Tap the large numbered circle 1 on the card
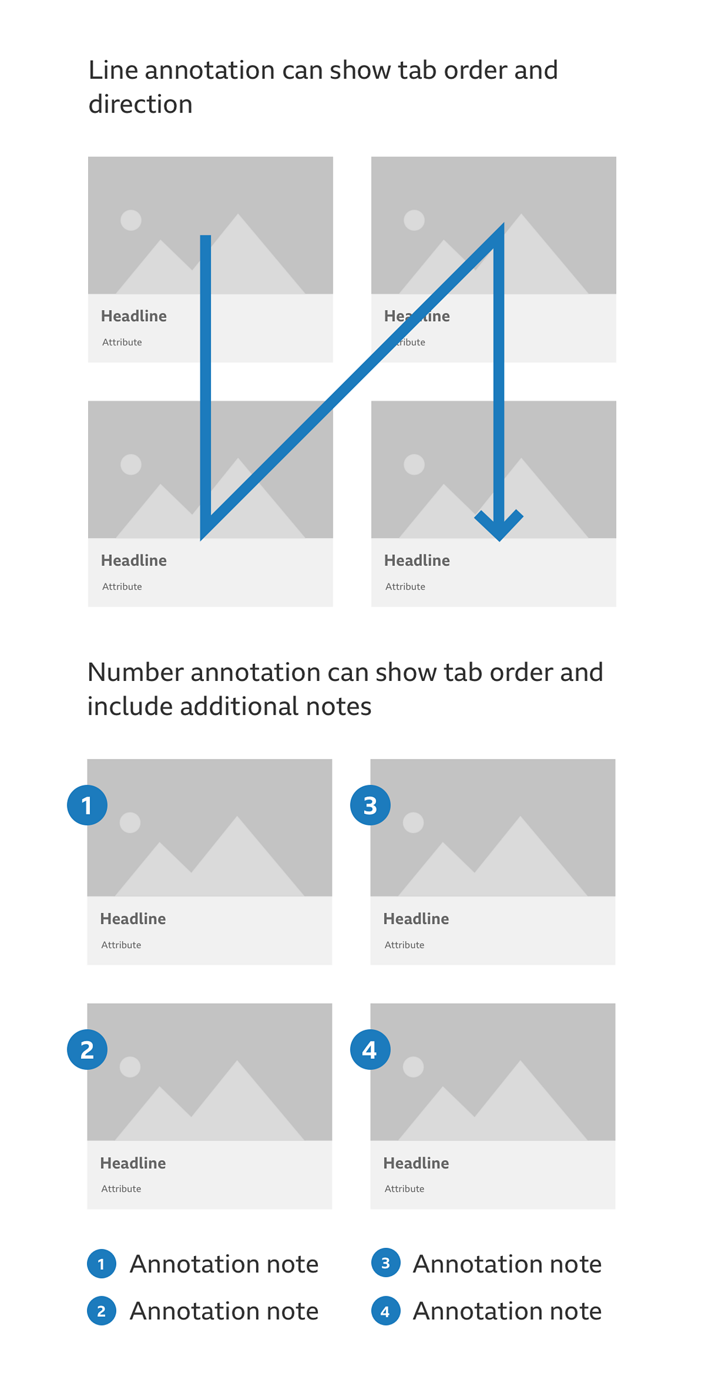(87, 805)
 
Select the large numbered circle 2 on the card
(87, 1049)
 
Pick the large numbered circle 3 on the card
(370, 805)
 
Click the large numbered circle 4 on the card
(370, 1049)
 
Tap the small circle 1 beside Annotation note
(101, 1263)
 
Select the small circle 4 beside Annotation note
(385, 1311)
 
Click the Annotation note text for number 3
(507, 1263)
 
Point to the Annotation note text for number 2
(224, 1311)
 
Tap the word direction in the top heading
(140, 105)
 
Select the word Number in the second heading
(135, 673)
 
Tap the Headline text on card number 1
(133, 918)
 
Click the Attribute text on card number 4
(404, 1188)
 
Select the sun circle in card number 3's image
(413, 823)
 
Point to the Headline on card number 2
(133, 1162)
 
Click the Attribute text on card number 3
(404, 944)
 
